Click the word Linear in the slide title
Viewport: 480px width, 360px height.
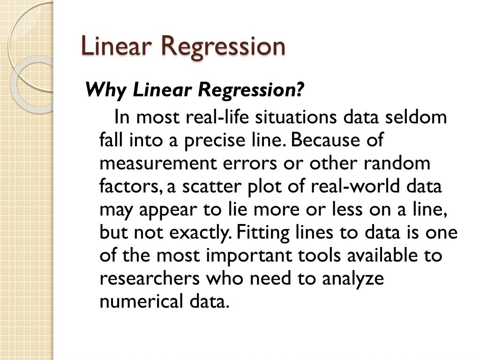tap(115, 46)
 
